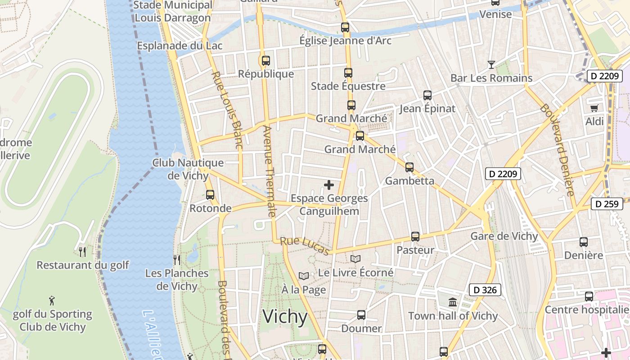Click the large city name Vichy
pos(285,317)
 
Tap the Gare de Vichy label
pos(504,236)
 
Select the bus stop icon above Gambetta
pos(409,167)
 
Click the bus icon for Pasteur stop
pos(415,237)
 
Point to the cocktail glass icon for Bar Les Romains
pos(491,65)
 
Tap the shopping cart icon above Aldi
pos(594,108)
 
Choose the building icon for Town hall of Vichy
pos(453,302)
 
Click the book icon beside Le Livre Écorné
pos(355,259)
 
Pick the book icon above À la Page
pos(304,276)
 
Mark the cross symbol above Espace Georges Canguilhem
pos(329,184)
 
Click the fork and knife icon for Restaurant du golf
pos(82,252)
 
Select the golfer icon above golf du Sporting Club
pos(52,300)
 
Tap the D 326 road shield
pos(485,290)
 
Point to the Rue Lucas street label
pos(305,246)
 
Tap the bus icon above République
pos(266,60)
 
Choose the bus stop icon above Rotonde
pos(210,195)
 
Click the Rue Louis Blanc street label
pos(227,110)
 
